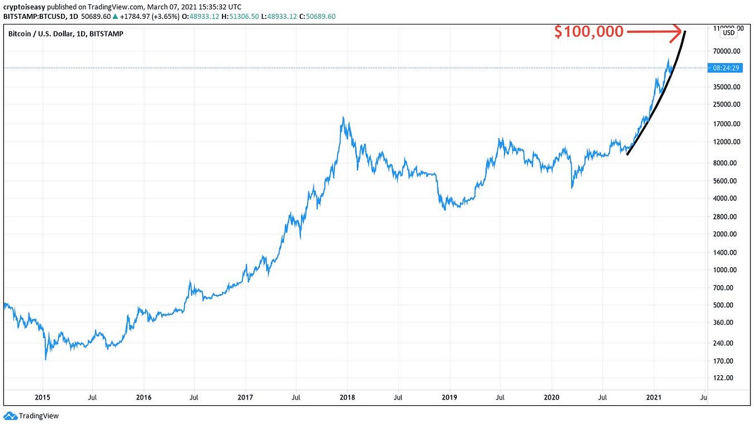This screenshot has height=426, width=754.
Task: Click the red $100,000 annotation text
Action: (589, 32)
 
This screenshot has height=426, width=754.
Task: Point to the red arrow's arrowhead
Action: (678, 30)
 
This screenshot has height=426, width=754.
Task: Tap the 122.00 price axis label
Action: (723, 378)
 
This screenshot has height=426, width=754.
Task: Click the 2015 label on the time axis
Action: (42, 397)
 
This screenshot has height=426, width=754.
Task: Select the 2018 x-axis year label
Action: (347, 397)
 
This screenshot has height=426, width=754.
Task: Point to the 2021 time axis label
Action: (654, 397)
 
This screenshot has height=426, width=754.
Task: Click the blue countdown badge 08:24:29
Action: (726, 68)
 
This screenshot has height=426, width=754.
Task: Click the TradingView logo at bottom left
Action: (31, 415)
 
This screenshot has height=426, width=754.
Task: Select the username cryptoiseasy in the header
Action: (24, 6)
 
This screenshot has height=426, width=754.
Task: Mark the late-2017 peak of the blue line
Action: (342, 117)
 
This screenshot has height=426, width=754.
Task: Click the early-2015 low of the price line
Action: (46, 359)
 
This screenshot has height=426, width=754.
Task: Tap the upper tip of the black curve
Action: (685, 31)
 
